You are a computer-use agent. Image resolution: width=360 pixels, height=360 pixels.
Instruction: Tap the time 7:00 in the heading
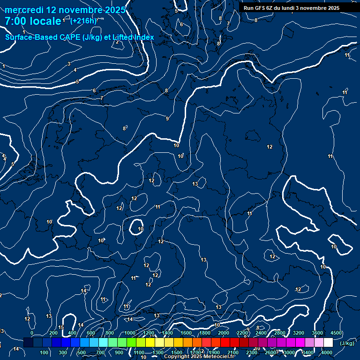click(17, 21)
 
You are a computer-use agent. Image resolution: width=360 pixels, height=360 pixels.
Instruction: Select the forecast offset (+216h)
click(83, 21)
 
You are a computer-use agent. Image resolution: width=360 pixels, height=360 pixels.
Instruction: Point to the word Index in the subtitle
click(143, 37)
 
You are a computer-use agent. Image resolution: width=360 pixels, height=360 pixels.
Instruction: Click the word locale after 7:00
click(45, 21)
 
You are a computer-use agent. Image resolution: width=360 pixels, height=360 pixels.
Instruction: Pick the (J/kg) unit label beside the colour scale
click(346, 343)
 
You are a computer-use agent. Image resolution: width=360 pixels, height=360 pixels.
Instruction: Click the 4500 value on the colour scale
click(336, 333)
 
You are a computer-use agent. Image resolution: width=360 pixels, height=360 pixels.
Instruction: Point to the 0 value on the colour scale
click(32, 333)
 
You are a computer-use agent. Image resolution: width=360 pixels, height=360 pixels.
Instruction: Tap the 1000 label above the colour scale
click(130, 333)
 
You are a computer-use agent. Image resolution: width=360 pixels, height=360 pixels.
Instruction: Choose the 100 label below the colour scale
click(45, 352)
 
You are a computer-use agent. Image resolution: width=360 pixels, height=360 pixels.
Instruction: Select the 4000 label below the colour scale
click(327, 352)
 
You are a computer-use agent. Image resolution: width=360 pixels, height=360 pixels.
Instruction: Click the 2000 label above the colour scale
click(224, 333)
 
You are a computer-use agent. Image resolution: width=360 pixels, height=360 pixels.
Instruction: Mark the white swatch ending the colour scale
click(328, 343)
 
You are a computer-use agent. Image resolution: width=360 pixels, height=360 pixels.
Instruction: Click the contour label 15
click(61, 328)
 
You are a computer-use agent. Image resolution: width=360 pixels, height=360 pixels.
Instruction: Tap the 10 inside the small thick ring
click(141, 229)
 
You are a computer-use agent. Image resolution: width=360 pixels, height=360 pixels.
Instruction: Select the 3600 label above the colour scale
click(317, 333)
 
